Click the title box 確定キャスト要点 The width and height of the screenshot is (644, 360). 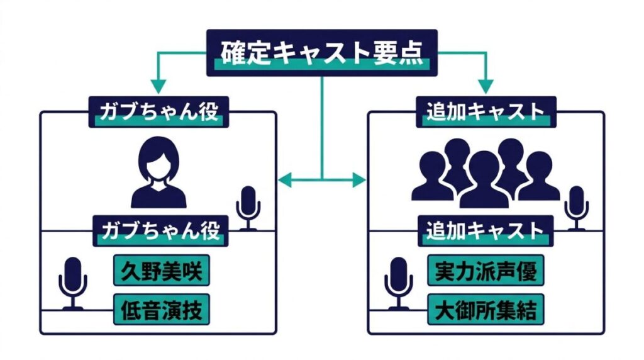(323, 53)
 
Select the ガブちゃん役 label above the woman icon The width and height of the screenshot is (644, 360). (158, 112)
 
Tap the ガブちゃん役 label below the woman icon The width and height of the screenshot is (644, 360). (158, 230)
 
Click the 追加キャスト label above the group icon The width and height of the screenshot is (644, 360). (486, 112)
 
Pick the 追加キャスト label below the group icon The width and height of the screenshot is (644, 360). (486, 230)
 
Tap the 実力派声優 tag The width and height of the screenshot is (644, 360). (486, 272)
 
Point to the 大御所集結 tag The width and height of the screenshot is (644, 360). (486, 309)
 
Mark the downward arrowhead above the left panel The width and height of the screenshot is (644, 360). (158, 87)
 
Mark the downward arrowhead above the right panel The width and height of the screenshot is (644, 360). (486, 87)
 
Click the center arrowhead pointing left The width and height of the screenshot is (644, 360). (284, 180)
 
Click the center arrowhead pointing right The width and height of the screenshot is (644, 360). (359, 180)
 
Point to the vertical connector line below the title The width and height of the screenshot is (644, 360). (322, 126)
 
